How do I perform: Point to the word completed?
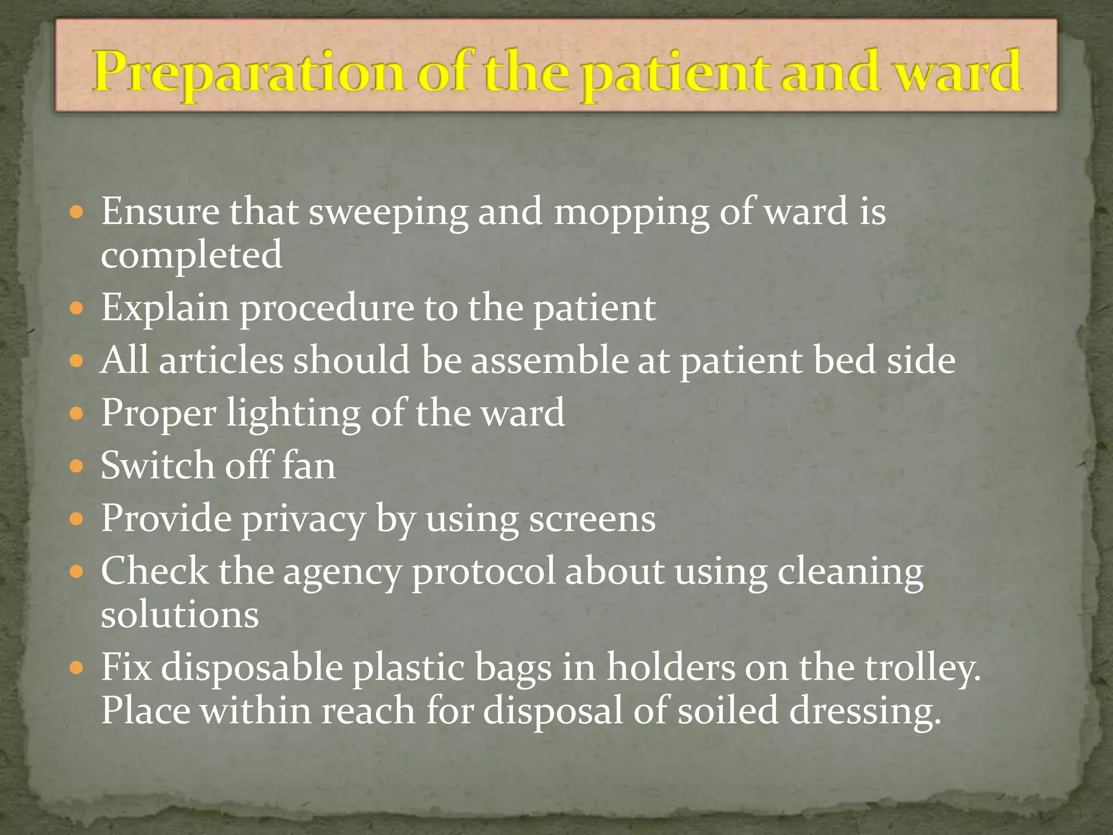(191, 256)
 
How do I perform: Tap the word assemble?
(549, 360)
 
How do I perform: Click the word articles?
(221, 360)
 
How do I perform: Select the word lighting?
(293, 414)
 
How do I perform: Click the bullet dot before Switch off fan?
(77, 466)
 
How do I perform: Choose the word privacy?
(303, 519)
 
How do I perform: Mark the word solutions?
(180, 615)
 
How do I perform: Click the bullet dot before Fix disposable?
(77, 668)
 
